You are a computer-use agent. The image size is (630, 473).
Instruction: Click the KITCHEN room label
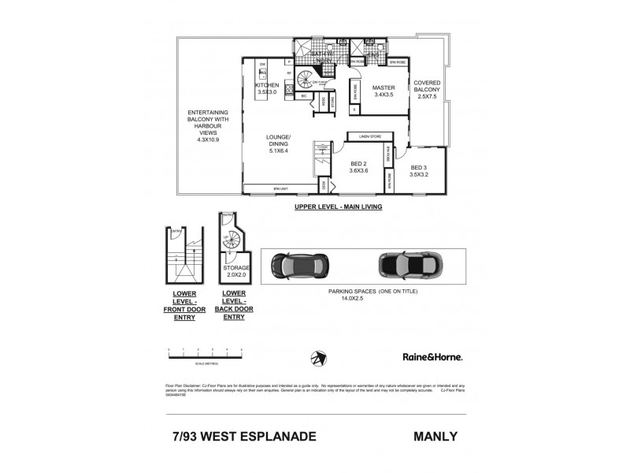tap(268, 85)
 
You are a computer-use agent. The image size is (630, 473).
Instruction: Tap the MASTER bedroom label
tap(384, 88)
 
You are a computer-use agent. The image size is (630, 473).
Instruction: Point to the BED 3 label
tap(420, 168)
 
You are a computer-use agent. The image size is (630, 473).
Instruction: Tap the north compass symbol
tap(317, 357)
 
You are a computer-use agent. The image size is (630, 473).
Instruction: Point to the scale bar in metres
tap(205, 353)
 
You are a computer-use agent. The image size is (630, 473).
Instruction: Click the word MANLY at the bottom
tap(435, 435)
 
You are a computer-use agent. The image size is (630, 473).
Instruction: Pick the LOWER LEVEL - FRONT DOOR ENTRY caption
tap(184, 305)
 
